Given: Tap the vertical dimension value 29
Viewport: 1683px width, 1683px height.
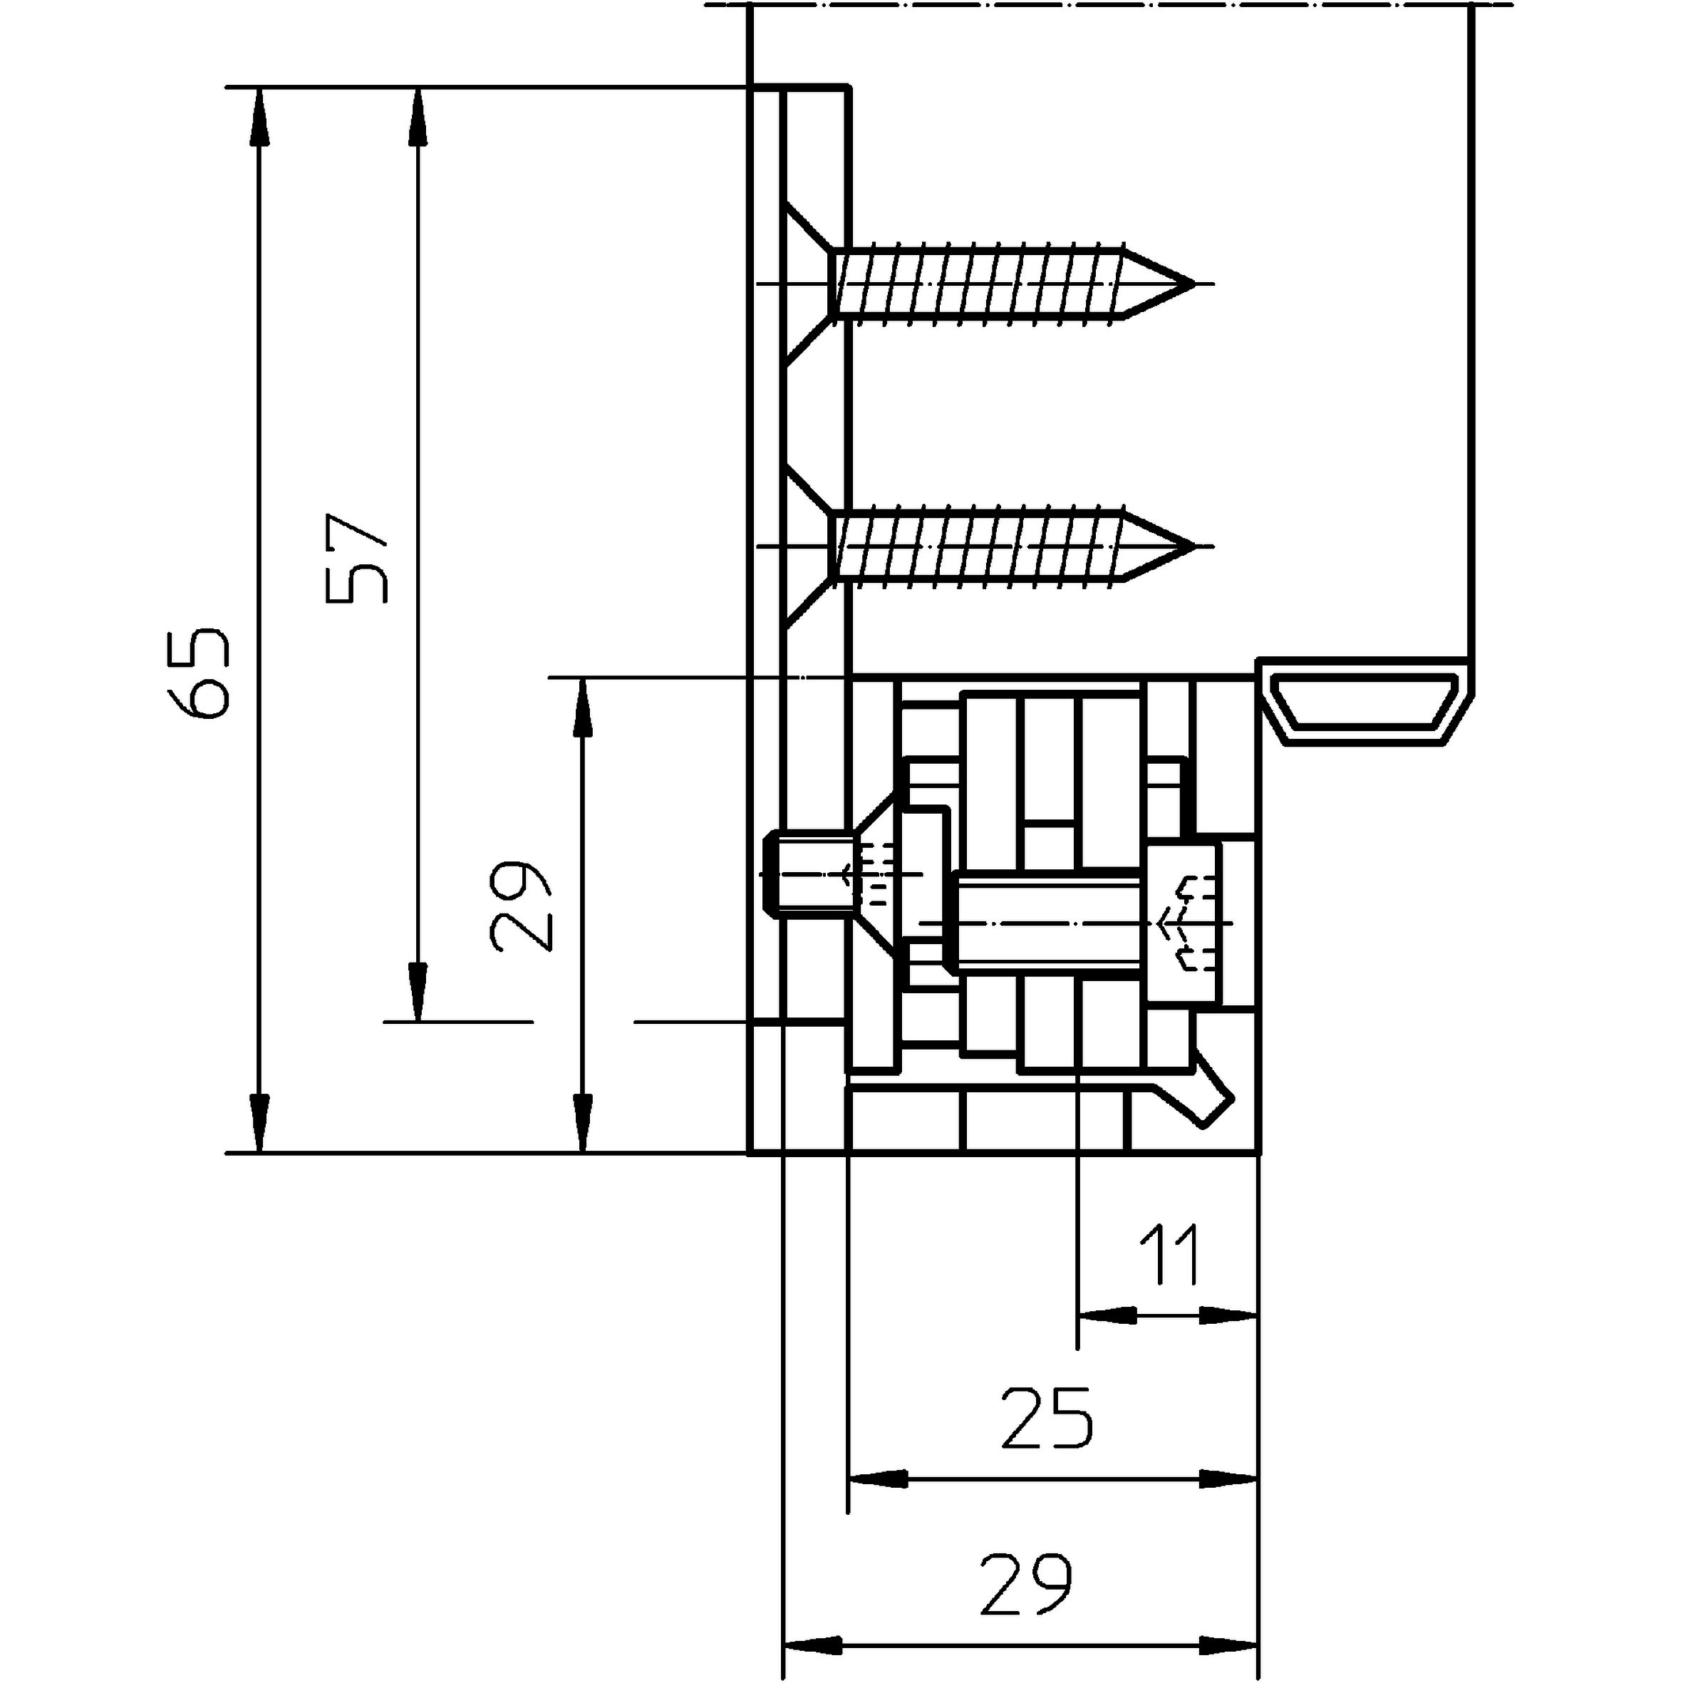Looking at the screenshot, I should (x=521, y=905).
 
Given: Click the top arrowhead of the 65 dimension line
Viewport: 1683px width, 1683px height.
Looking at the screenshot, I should (x=259, y=118).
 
